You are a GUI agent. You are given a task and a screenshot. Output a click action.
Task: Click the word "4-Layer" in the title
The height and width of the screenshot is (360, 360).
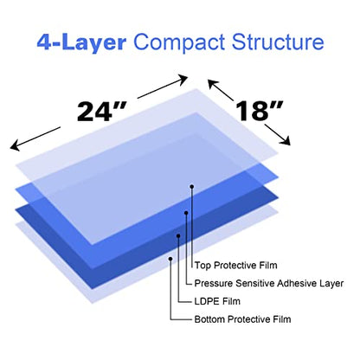(x=81, y=42)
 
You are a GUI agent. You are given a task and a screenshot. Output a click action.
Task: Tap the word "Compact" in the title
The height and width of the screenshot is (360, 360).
(x=179, y=43)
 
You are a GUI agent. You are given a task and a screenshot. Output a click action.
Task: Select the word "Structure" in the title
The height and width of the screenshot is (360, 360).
(x=278, y=42)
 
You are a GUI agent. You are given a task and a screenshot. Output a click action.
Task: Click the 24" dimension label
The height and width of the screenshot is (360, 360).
(x=101, y=112)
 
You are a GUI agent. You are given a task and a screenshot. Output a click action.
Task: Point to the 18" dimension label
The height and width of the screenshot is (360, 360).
(x=260, y=111)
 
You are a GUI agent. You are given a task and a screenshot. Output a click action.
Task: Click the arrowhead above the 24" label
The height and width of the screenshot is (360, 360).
(x=183, y=80)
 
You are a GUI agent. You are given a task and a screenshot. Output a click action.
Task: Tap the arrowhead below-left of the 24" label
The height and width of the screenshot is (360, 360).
(x=15, y=145)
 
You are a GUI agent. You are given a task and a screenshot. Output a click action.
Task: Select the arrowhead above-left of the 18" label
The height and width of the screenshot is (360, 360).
(x=213, y=85)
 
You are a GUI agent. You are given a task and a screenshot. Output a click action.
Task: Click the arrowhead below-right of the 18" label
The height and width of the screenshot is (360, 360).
(x=286, y=140)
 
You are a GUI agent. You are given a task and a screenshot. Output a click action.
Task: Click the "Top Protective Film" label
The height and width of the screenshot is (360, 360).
(x=235, y=266)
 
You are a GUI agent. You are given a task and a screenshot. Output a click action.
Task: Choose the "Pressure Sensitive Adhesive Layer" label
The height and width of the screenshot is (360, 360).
(x=269, y=283)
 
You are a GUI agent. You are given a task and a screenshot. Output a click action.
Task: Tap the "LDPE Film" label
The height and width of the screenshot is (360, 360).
(x=217, y=301)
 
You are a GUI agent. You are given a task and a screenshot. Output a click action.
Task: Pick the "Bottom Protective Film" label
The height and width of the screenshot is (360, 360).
(x=242, y=319)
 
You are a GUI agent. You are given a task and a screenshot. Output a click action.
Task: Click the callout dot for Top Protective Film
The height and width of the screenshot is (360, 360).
(x=192, y=187)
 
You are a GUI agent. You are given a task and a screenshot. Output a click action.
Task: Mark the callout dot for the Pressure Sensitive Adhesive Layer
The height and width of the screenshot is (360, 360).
(x=186, y=213)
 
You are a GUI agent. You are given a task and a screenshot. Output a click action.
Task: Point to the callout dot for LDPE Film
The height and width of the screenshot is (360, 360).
(x=178, y=236)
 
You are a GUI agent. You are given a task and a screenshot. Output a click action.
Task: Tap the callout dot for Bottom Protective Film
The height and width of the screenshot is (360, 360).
(x=170, y=259)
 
